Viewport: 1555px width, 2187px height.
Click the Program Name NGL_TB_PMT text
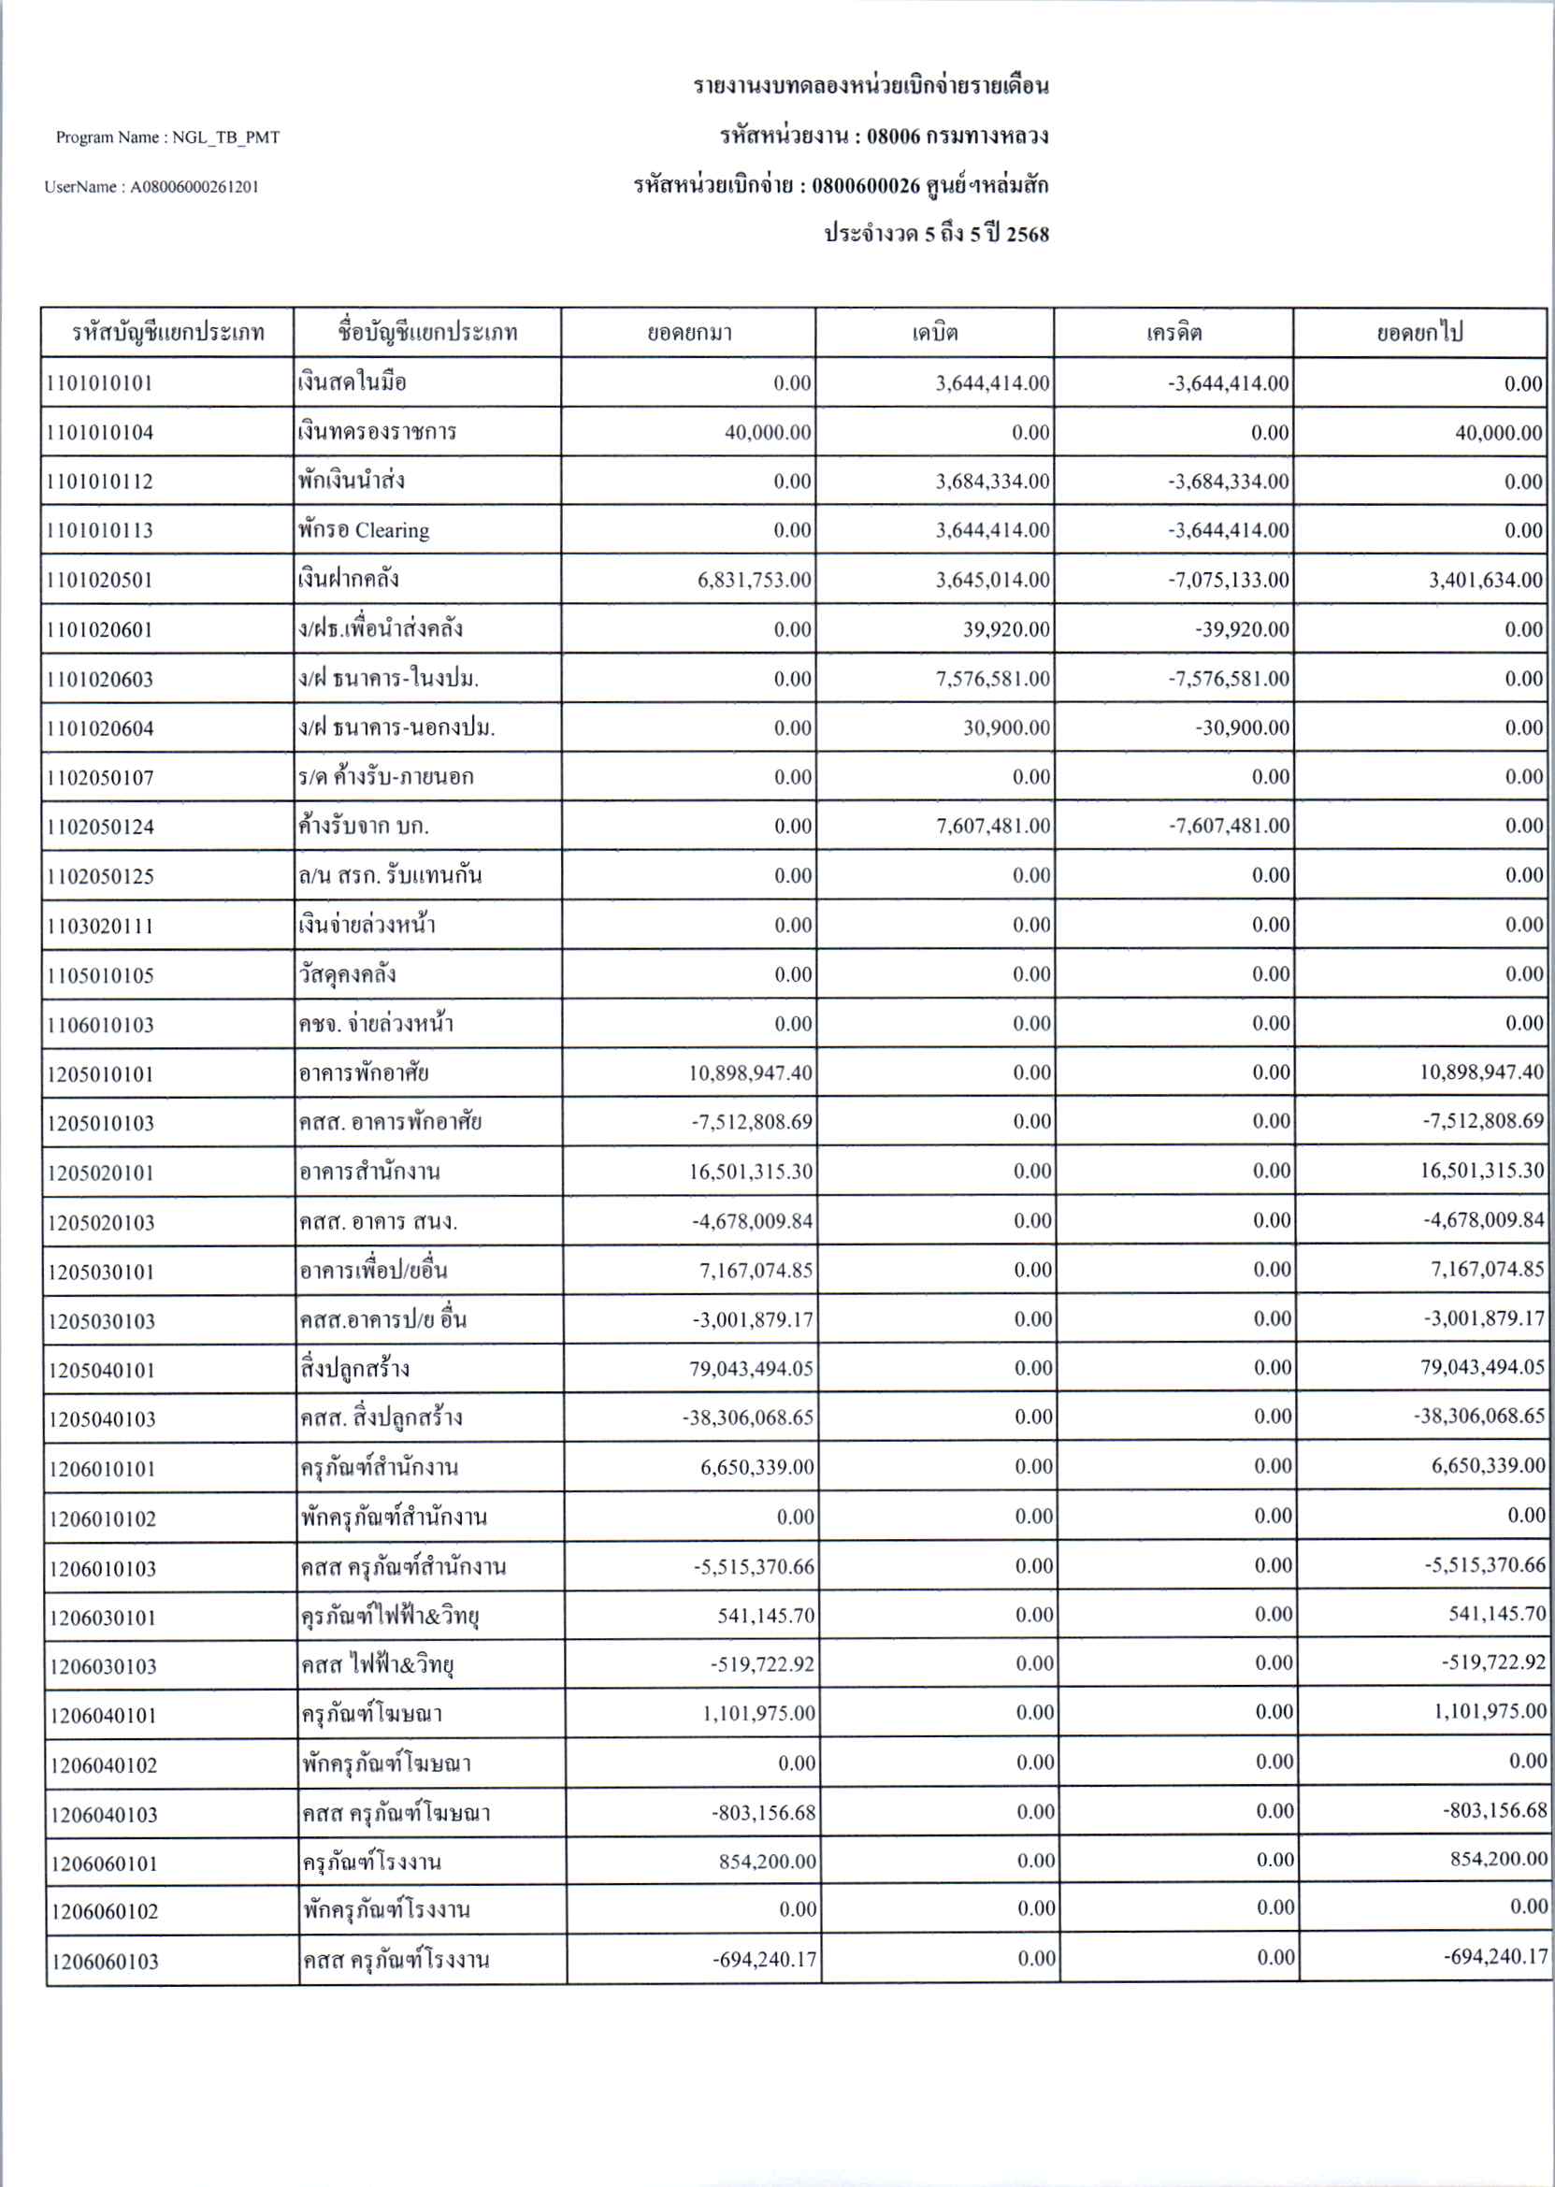167,137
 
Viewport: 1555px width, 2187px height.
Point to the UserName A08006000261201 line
151,188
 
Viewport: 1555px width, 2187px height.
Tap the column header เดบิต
934,333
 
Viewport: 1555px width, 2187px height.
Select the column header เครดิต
1173,333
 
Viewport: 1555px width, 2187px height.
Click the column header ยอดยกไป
1419,333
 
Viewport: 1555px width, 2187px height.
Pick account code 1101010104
99,433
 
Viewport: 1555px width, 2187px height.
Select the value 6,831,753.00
754,581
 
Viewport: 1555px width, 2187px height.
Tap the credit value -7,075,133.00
1228,581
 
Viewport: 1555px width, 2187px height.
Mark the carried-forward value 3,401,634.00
1485,581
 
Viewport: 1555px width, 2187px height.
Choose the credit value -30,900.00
1241,728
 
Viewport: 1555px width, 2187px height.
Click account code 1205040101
102,1370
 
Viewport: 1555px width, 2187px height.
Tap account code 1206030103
104,1667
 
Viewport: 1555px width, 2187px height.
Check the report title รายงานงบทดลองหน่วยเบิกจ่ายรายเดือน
871,87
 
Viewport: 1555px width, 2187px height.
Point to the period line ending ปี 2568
936,235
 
